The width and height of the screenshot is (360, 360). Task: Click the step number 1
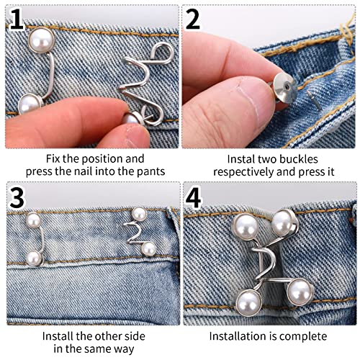point(16,19)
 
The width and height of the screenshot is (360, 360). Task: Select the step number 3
point(16,197)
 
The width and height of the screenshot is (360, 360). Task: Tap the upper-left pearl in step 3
point(33,220)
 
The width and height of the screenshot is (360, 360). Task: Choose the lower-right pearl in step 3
point(149,248)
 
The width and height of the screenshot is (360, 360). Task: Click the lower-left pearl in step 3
point(33,257)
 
